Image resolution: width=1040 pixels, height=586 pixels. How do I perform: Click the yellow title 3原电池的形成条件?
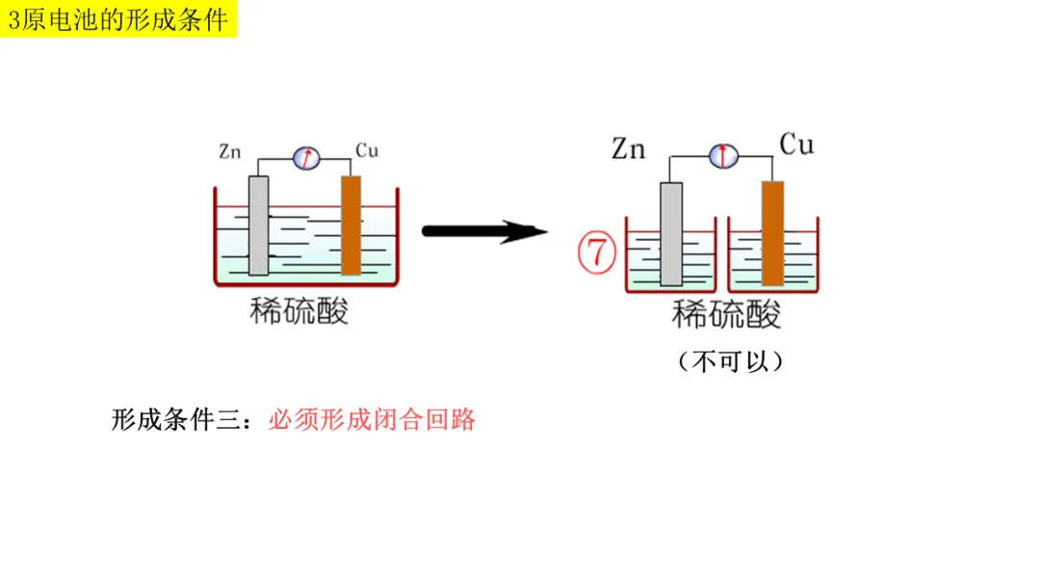(x=118, y=19)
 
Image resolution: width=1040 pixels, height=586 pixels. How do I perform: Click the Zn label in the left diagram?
(x=229, y=151)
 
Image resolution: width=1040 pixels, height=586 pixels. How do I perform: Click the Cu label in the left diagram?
(x=367, y=150)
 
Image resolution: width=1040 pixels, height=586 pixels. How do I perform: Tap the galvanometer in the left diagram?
(x=306, y=157)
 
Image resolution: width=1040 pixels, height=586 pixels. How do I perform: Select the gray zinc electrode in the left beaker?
(x=258, y=226)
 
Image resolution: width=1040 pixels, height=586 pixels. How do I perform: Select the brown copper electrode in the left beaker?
(x=351, y=226)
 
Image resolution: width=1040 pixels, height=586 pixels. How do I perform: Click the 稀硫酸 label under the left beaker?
(x=299, y=310)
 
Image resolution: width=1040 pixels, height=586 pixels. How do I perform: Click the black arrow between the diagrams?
(x=484, y=231)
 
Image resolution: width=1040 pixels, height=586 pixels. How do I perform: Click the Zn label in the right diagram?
(x=628, y=149)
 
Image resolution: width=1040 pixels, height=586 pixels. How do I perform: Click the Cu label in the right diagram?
(x=796, y=146)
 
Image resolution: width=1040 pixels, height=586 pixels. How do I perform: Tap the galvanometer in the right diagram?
(x=722, y=155)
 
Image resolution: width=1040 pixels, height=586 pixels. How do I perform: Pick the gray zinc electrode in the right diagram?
(x=671, y=234)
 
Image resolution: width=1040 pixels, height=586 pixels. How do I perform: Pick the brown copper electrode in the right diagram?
(x=772, y=234)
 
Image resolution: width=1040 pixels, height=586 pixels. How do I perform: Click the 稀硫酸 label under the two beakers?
(x=727, y=314)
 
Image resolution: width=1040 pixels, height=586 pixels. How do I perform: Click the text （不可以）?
(x=729, y=361)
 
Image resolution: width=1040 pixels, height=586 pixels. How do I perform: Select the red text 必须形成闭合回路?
(x=372, y=421)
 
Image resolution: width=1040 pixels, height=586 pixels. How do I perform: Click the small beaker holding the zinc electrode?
(x=643, y=265)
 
